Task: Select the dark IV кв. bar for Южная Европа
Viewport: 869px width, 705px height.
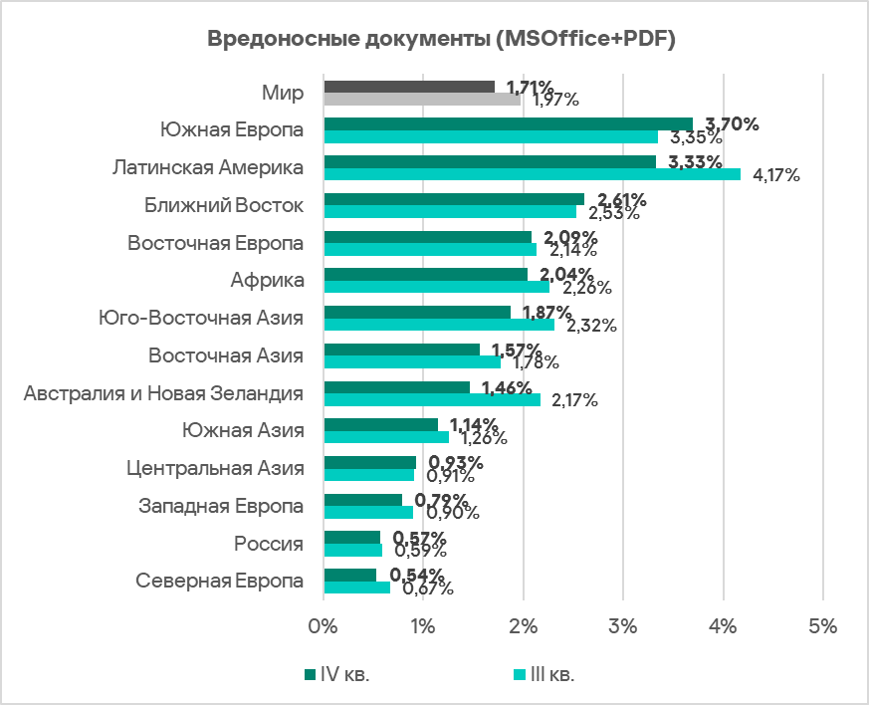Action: (508, 123)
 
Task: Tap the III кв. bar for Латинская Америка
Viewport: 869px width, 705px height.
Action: (532, 174)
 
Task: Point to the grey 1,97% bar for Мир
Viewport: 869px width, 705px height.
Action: (422, 100)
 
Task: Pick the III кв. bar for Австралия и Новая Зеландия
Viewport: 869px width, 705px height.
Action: (432, 399)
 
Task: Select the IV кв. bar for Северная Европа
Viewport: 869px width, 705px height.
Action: (350, 575)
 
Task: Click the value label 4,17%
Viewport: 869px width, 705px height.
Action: (777, 176)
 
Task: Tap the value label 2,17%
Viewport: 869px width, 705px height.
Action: (574, 401)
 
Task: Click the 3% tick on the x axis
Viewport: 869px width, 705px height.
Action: (623, 627)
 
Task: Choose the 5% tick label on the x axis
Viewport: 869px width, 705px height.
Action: (822, 627)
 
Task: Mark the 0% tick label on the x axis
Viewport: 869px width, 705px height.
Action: (324, 627)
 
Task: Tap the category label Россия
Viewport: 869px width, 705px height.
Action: (269, 544)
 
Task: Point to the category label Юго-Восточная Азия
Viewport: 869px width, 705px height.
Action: (201, 319)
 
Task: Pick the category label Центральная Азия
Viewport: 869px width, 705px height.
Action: (216, 469)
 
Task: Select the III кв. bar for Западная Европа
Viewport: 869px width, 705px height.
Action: (368, 512)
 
